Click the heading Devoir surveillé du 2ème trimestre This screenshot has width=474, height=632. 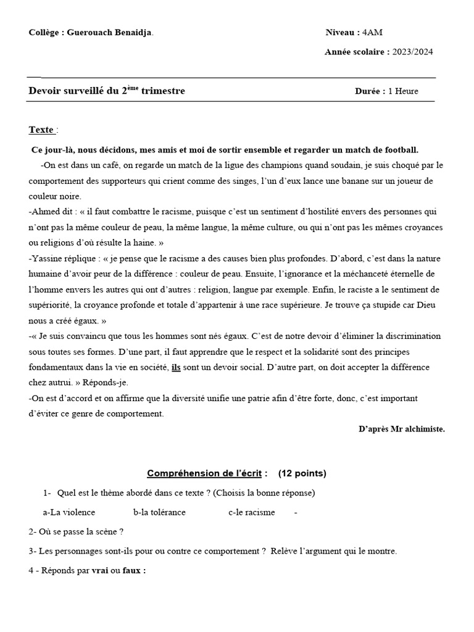[107, 91]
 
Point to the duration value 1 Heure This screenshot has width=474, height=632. [403, 91]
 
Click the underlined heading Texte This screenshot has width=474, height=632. [41, 130]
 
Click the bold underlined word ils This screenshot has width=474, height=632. [176, 367]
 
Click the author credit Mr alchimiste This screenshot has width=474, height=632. [423, 428]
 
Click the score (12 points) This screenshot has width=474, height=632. [302, 473]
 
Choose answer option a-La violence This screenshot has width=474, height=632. [69, 512]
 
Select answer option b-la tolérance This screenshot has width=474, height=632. [159, 512]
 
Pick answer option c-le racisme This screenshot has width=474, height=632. [251, 512]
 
